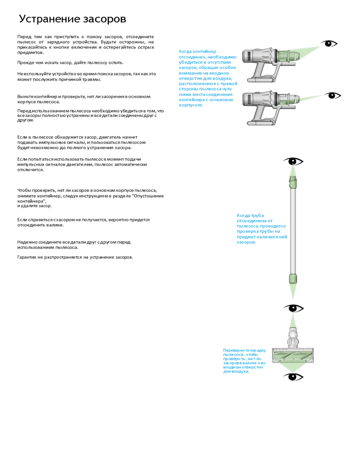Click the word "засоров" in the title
(104, 19)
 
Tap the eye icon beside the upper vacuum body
(330, 44)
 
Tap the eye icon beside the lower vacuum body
(333, 95)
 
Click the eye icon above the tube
(293, 161)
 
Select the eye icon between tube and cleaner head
(293, 308)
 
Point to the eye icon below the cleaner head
(293, 377)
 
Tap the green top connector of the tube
(293, 181)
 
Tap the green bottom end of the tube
(293, 278)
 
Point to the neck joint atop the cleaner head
(293, 335)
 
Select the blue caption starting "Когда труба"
(261, 229)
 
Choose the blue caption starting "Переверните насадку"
(244, 360)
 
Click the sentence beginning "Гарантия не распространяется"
(75, 257)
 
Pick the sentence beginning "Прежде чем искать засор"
(70, 63)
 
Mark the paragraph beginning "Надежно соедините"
(74, 244)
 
